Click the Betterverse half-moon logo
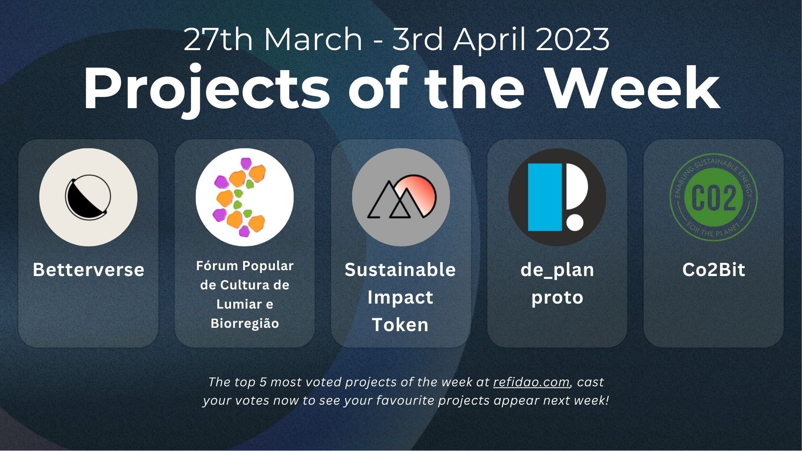click(88, 197)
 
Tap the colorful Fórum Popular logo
click(245, 197)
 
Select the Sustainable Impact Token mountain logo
click(401, 197)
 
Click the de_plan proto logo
click(557, 197)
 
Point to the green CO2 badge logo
click(713, 197)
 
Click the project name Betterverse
click(89, 270)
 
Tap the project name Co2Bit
click(713, 270)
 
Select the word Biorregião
click(245, 323)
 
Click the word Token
click(400, 325)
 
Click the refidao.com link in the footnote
click(531, 382)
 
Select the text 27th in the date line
click(218, 40)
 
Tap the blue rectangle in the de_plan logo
click(545, 197)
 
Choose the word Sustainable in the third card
click(400, 270)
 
